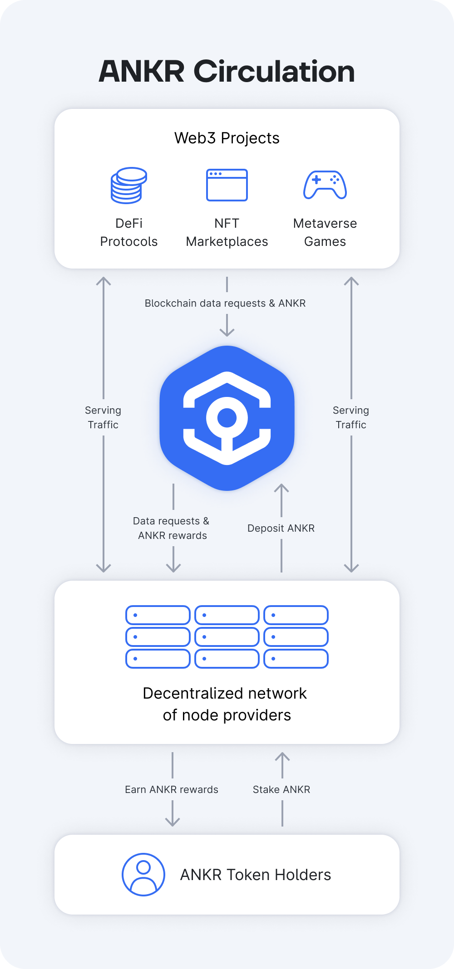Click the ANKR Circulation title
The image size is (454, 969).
point(227,72)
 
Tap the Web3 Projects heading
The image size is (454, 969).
point(227,138)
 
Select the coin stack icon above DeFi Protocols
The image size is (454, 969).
point(129,185)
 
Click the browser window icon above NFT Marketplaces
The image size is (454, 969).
point(227,185)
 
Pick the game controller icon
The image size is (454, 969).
point(325,185)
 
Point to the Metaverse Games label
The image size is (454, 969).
point(325,232)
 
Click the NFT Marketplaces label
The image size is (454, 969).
point(227,232)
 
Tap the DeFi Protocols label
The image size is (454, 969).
point(129,232)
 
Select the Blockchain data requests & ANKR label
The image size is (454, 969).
point(225,303)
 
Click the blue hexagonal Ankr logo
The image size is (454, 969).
point(227,418)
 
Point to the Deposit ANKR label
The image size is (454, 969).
point(281,528)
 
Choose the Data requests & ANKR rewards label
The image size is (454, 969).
point(172,528)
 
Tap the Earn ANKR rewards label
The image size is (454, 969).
point(172,789)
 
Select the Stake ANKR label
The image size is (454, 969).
point(281,789)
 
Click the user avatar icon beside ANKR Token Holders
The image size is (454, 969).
point(143,875)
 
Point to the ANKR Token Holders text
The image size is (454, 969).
point(256,875)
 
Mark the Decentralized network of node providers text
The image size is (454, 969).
point(226,704)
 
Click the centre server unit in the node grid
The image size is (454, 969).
point(227,637)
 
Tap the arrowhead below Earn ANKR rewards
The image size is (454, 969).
point(173,822)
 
